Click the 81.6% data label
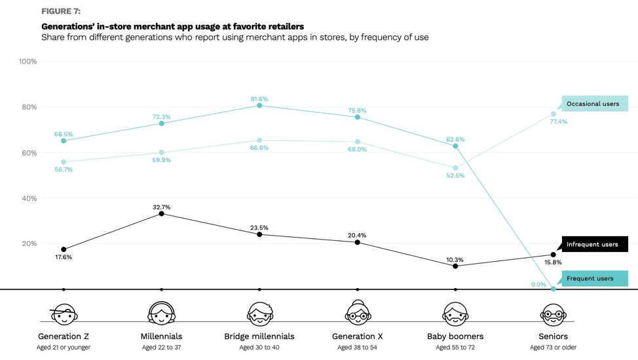click(x=259, y=99)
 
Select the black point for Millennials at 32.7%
click(x=161, y=213)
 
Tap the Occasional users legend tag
click(x=592, y=104)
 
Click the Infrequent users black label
click(x=592, y=244)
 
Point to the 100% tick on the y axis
click(x=28, y=62)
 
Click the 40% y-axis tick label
click(x=29, y=198)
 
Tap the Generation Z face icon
click(x=64, y=314)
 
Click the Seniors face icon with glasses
click(x=554, y=314)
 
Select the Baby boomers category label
click(x=455, y=336)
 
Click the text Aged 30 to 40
click(x=259, y=348)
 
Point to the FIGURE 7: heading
click(x=61, y=11)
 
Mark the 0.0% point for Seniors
click(x=554, y=289)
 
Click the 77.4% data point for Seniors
click(x=554, y=114)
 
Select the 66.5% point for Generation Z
click(x=64, y=141)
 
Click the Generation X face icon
click(x=357, y=314)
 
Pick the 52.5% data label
click(x=455, y=175)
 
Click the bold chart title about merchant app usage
click(x=172, y=26)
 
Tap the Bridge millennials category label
click(x=259, y=336)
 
